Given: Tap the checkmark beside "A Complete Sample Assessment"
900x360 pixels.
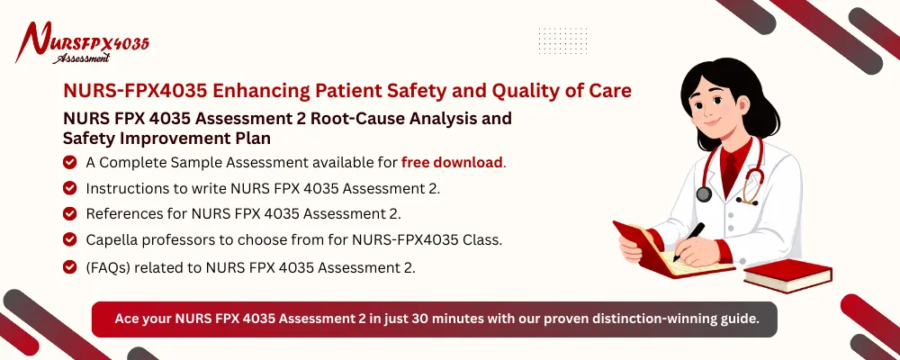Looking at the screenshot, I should [69, 163].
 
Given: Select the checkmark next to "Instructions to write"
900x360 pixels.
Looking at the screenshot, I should [69, 188].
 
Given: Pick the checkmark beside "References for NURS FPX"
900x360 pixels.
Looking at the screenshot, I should [69, 213].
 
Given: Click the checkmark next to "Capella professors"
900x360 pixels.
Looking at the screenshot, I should [69, 239].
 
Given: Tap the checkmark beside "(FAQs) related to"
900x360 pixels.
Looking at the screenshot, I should [69, 266].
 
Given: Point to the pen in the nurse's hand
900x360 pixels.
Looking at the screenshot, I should [693, 242].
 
